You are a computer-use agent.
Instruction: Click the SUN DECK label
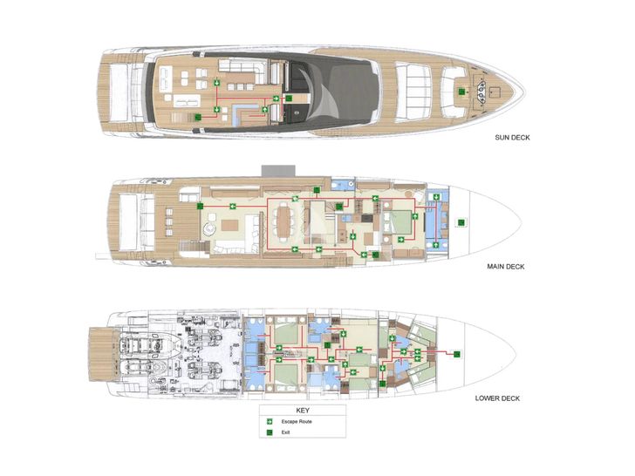512,138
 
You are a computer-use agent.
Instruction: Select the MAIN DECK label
505,267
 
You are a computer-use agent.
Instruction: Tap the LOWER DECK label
497,398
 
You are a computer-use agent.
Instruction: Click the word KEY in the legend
303,411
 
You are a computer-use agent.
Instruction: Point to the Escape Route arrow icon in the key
270,422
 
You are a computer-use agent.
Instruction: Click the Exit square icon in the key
270,432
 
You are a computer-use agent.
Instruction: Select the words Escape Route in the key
297,422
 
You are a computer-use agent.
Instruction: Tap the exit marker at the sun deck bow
461,92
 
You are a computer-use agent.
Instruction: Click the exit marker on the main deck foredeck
461,222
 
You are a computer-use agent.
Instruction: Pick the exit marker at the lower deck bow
457,354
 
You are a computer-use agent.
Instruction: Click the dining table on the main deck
284,221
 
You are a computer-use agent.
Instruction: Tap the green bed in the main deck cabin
399,222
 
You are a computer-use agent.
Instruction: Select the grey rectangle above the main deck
278,170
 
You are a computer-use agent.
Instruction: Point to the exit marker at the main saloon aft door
200,206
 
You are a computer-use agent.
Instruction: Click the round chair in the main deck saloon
209,229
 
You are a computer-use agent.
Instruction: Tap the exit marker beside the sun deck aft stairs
198,118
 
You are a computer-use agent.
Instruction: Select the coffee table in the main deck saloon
229,225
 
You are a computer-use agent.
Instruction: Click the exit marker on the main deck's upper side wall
317,190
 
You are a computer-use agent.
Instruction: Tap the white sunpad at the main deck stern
128,221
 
